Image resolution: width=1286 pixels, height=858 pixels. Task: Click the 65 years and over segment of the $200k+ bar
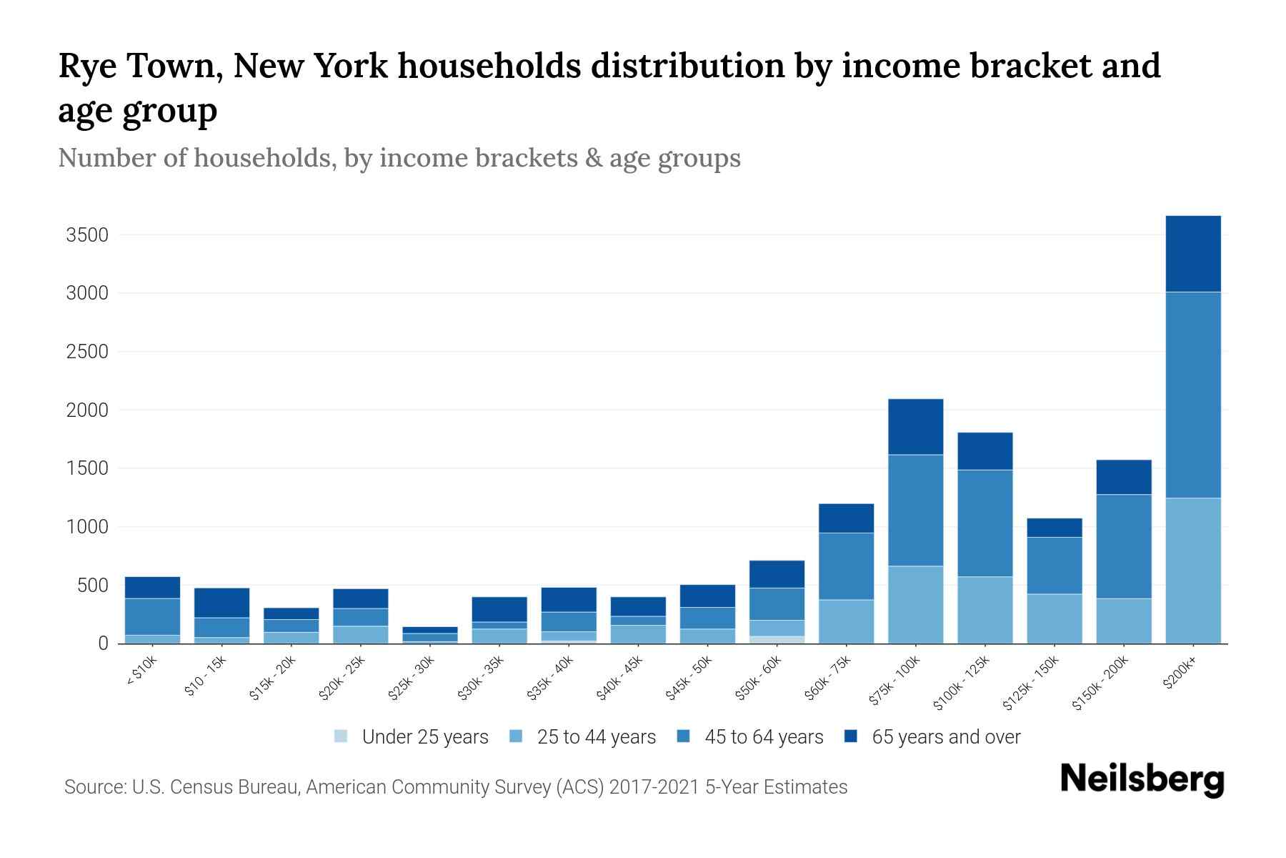(x=1192, y=254)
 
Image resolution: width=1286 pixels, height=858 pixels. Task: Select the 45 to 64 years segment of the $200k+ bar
(x=1192, y=395)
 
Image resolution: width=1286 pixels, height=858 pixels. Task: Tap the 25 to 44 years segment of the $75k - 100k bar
(x=915, y=605)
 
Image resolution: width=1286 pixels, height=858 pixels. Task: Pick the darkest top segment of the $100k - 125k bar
(x=985, y=451)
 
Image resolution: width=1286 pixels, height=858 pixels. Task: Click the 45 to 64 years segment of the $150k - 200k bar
(x=1124, y=546)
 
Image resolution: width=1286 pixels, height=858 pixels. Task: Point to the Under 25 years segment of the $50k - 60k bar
(x=777, y=639)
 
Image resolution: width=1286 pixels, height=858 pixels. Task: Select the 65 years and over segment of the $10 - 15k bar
(x=221, y=603)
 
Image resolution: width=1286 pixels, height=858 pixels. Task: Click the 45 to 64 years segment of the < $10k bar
(x=152, y=616)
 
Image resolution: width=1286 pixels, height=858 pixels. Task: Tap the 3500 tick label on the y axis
(x=86, y=235)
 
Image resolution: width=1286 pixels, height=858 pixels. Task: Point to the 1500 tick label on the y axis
(x=86, y=469)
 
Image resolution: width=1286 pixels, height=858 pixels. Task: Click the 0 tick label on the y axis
(x=103, y=644)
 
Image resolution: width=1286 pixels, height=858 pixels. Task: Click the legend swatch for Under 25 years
(x=342, y=736)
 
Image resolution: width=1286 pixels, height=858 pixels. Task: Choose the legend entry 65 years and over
(x=946, y=737)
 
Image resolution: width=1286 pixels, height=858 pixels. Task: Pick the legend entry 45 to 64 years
(x=764, y=737)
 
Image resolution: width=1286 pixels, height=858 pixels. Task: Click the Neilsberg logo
(x=1142, y=779)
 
